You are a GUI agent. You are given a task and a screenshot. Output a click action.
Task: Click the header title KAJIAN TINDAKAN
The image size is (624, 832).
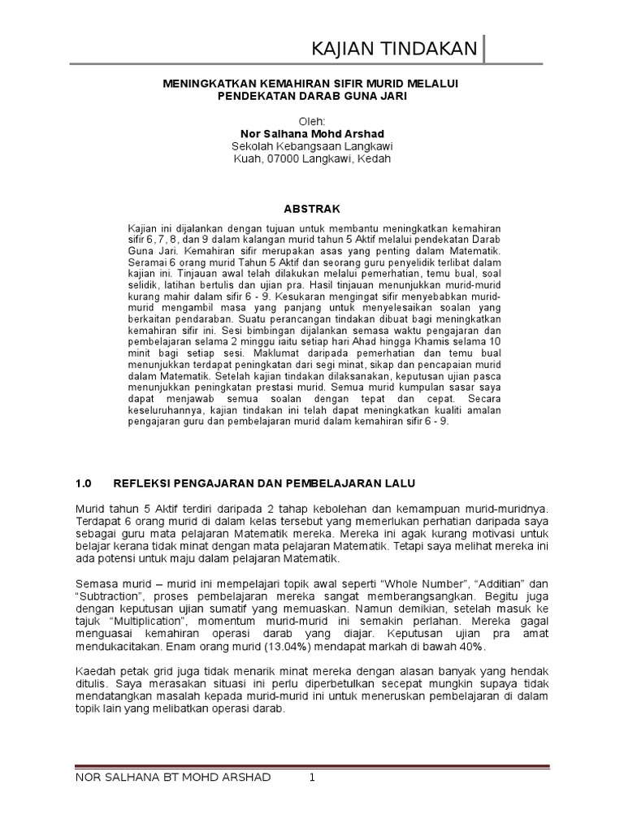[395, 50]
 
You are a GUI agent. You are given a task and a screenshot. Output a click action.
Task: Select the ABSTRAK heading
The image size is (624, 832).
[312, 208]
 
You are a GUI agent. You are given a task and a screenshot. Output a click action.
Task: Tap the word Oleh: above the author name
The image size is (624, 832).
[312, 120]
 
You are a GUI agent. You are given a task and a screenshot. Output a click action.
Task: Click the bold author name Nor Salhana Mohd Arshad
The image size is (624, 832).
[312, 133]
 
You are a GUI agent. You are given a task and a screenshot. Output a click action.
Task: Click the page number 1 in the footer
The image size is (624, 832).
[310, 778]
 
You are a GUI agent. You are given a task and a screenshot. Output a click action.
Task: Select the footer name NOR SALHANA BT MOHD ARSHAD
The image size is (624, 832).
[172, 778]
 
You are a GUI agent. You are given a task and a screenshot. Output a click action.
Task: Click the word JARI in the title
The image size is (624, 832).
[389, 95]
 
